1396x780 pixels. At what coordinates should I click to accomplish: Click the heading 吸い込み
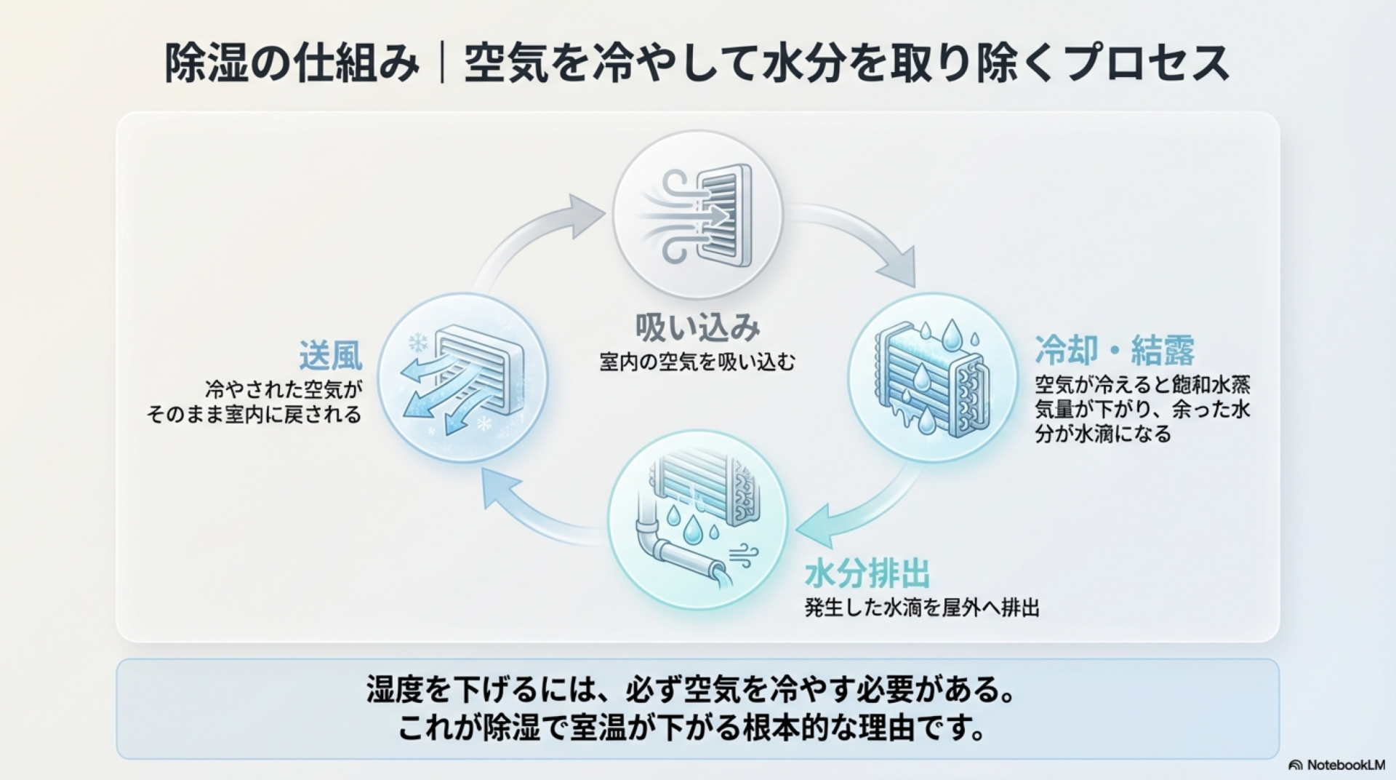click(697, 327)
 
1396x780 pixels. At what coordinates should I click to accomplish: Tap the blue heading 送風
click(330, 356)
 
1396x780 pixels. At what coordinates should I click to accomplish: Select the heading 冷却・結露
click(1115, 351)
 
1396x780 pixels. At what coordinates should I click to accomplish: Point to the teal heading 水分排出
click(867, 574)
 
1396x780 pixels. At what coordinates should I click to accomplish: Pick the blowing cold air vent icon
click(462, 378)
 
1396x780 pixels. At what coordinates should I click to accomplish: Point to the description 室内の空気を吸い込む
click(697, 362)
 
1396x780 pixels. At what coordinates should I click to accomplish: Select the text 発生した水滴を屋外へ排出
click(922, 608)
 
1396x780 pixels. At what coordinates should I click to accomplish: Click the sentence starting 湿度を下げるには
click(690, 690)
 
